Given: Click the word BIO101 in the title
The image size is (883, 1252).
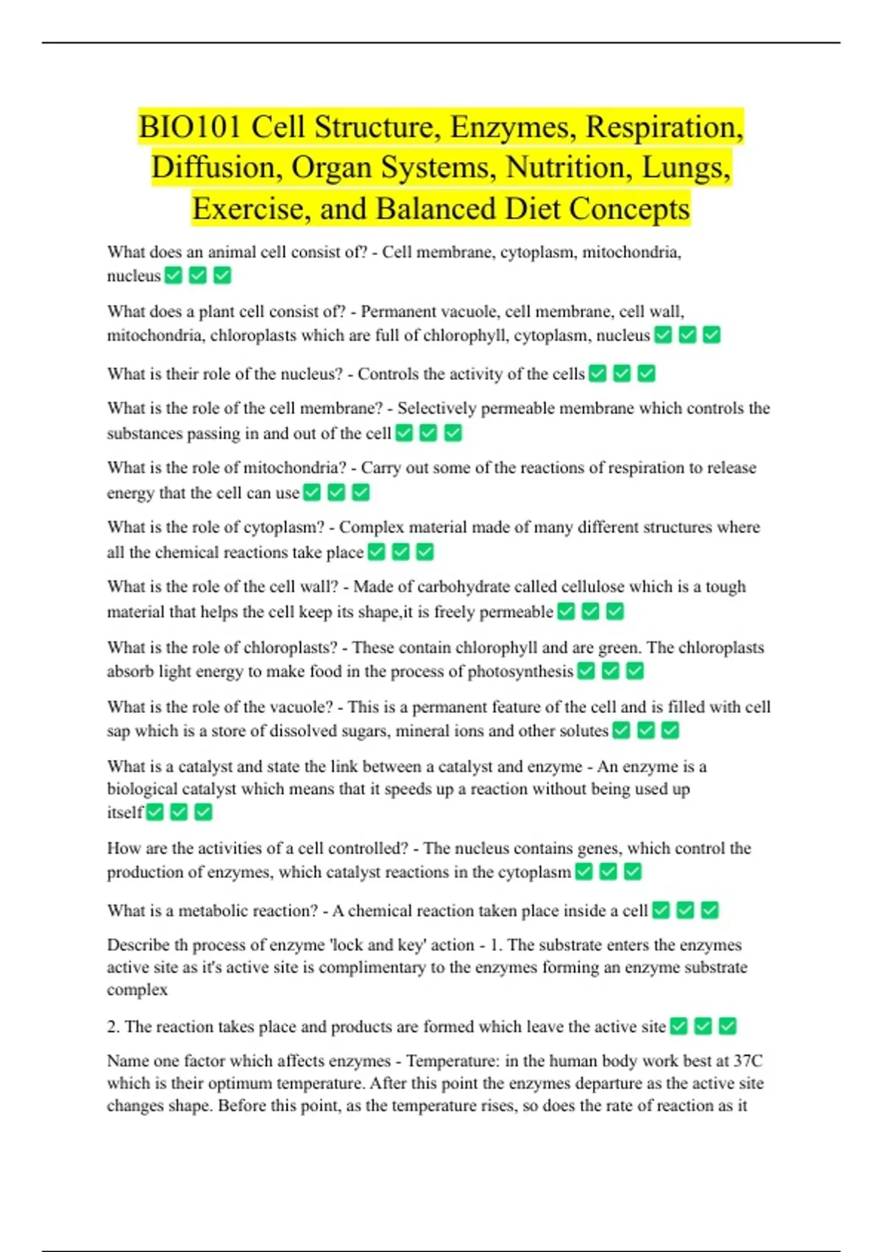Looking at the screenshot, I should click(189, 127).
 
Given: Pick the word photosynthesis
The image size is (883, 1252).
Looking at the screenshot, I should click(520, 672).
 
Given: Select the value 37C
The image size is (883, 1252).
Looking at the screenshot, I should click(748, 1061).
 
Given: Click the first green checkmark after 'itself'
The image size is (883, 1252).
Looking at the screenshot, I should click(155, 812).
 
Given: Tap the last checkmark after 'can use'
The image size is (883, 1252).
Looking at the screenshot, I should click(361, 493).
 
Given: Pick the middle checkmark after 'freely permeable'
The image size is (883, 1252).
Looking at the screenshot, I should click(591, 612).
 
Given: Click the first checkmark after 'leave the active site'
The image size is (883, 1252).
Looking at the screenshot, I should click(679, 1027).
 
